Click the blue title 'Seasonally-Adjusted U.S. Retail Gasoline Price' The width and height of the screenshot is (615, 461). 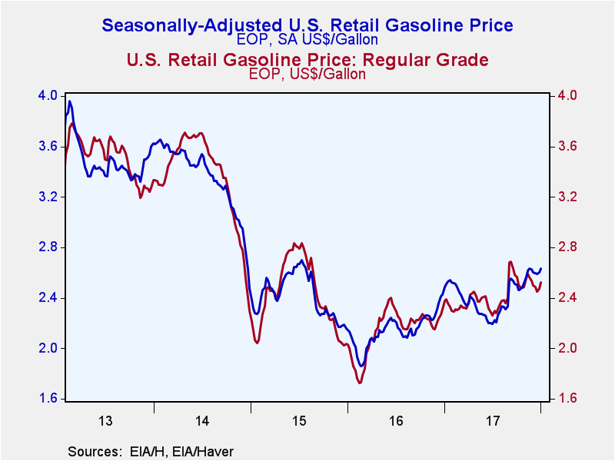tap(307, 25)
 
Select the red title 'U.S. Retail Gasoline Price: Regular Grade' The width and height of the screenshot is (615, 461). tap(307, 60)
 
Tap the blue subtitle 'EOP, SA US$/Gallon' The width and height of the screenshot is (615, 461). tap(307, 40)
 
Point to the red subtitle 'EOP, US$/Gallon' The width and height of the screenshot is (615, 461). tap(307, 75)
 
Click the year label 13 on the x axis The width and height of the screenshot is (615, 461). tap(105, 421)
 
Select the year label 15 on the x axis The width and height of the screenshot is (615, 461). tap(299, 421)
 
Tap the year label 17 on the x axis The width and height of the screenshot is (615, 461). tap(493, 421)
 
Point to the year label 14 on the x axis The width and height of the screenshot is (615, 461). tap(202, 421)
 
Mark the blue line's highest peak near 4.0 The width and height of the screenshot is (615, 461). tap(70, 101)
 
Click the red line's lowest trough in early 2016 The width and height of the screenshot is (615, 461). tap(360, 382)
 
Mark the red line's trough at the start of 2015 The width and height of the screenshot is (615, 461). tap(257, 343)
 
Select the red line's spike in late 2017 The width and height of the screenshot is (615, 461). tap(510, 262)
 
